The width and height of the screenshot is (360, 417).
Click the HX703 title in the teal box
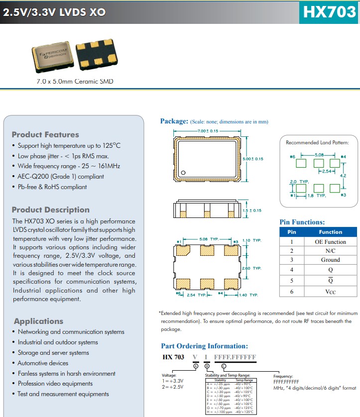pyautogui.click(x=330, y=12)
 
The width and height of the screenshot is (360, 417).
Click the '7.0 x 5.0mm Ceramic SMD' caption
pyautogui.click(x=75, y=81)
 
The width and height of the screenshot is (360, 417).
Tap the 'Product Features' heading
pyautogui.click(x=45, y=134)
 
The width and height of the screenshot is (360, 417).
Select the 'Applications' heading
pyautogui.click(x=38, y=321)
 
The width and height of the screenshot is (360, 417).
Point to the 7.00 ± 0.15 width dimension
pyautogui.click(x=207, y=131)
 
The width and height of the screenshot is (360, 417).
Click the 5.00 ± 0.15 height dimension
pyautogui.click(x=252, y=159)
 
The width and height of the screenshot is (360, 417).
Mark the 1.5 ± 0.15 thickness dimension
pyautogui.click(x=252, y=210)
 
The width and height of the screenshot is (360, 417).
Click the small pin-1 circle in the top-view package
pyautogui.click(x=183, y=173)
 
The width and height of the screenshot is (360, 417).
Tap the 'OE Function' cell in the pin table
pyautogui.click(x=330, y=242)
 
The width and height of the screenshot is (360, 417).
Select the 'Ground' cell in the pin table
pyautogui.click(x=330, y=260)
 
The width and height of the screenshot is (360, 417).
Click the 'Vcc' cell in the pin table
pyautogui.click(x=330, y=292)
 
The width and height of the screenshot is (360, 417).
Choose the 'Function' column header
pyautogui.click(x=330, y=232)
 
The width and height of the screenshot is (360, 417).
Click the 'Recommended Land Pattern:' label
pyautogui.click(x=317, y=143)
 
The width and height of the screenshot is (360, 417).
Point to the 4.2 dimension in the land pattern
pyautogui.click(x=343, y=175)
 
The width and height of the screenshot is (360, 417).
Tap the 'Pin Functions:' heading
pyautogui.click(x=302, y=222)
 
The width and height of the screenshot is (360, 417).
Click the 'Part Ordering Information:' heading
pyautogui.click(x=204, y=346)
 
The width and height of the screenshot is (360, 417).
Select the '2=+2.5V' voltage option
pyautogui.click(x=173, y=386)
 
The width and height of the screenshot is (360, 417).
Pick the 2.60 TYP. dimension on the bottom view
pyautogui.click(x=251, y=268)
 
